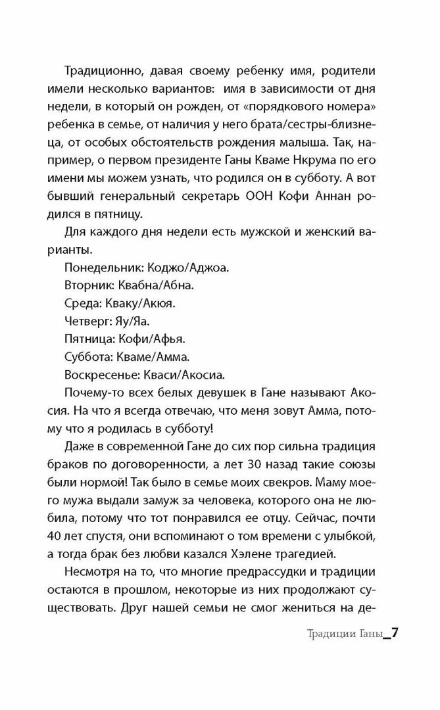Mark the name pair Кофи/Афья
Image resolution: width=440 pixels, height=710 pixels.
(x=153, y=340)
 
